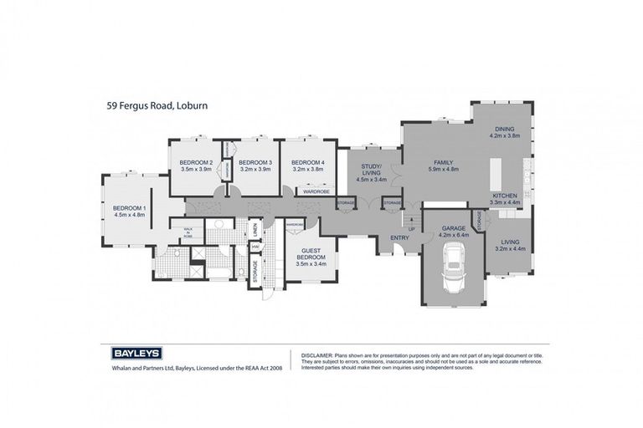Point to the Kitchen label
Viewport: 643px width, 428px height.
click(505, 198)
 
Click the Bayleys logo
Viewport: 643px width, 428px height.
click(131, 354)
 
